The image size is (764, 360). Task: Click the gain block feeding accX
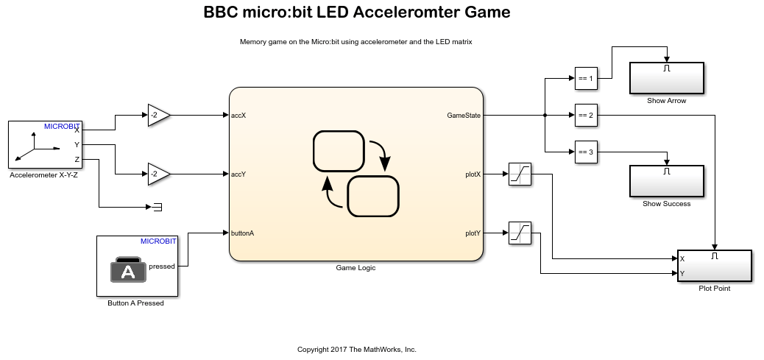(158, 115)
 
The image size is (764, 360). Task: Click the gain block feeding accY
(158, 174)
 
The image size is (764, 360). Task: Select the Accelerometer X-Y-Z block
(45, 145)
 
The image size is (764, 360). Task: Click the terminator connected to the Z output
(157, 208)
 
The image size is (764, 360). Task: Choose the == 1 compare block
(585, 78)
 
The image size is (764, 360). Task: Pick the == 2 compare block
(585, 115)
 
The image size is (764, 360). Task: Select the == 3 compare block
(585, 152)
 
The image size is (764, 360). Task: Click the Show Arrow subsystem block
(666, 78)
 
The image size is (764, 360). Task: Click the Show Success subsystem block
(666, 181)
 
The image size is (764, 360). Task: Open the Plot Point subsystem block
(714, 266)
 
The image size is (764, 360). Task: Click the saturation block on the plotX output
(520, 174)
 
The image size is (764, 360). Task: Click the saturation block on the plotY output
(520, 233)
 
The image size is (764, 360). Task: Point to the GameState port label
(464, 116)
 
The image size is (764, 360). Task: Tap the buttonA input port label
(243, 233)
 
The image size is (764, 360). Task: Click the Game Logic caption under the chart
(356, 268)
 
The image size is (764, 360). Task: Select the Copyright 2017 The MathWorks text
(356, 349)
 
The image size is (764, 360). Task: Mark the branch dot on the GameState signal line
(544, 116)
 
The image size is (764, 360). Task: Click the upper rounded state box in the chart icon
(339, 151)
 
